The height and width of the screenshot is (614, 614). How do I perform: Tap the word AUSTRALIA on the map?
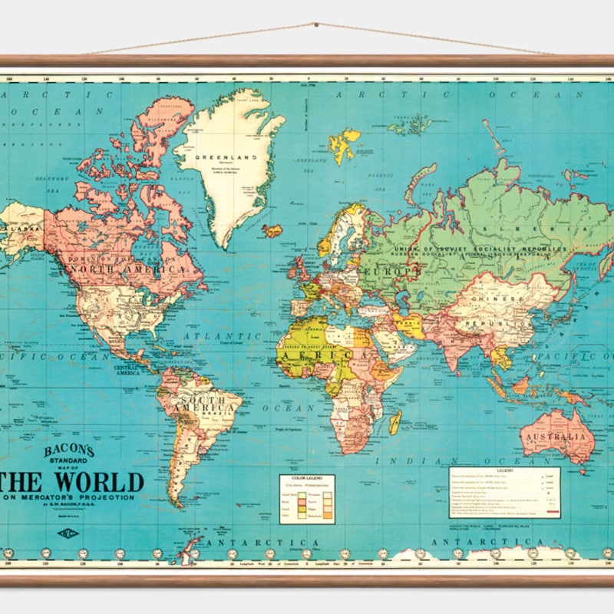(x=558, y=437)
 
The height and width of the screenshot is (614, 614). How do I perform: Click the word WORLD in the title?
(x=98, y=482)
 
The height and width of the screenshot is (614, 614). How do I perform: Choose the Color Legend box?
(x=307, y=499)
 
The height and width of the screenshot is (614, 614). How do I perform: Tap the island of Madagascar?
(x=396, y=421)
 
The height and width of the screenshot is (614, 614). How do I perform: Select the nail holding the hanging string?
(x=315, y=25)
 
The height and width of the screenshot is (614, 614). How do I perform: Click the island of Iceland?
(x=272, y=229)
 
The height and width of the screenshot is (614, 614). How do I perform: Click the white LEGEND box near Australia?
(x=504, y=492)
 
